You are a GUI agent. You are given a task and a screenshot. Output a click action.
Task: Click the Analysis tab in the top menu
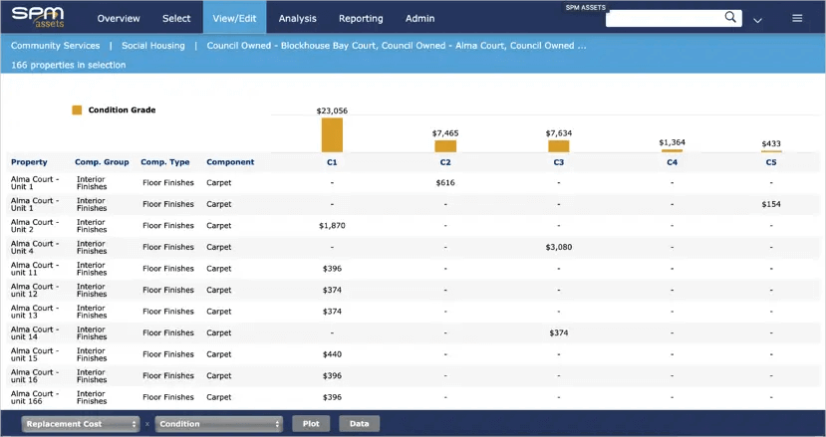pyautogui.click(x=297, y=18)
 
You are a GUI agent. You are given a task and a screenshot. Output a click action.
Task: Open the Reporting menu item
pyautogui.click(x=360, y=18)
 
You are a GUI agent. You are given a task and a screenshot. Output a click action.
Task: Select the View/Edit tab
pyautogui.click(x=234, y=18)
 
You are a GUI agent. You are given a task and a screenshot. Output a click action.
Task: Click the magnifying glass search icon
pyautogui.click(x=730, y=18)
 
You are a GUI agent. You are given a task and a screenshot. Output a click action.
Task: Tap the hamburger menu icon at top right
pyautogui.click(x=797, y=18)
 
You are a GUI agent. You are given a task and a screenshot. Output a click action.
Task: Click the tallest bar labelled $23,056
pyautogui.click(x=332, y=134)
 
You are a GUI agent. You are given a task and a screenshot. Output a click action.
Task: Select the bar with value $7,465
pyautogui.click(x=445, y=145)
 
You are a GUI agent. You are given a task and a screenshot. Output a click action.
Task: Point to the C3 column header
pyautogui.click(x=558, y=162)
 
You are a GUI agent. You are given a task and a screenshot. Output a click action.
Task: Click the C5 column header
pyautogui.click(x=771, y=162)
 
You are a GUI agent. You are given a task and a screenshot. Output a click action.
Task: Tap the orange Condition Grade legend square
pyautogui.click(x=77, y=110)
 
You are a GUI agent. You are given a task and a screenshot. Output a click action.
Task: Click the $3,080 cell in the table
pyautogui.click(x=558, y=247)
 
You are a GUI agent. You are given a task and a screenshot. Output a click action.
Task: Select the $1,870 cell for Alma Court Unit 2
pyautogui.click(x=332, y=226)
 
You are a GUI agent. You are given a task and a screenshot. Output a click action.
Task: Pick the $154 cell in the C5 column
pyautogui.click(x=771, y=204)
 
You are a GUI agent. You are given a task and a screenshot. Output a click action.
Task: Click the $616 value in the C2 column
pyautogui.click(x=445, y=183)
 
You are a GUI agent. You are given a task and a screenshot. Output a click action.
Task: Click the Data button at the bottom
pyautogui.click(x=359, y=424)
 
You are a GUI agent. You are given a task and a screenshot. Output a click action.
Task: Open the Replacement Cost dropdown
pyautogui.click(x=81, y=424)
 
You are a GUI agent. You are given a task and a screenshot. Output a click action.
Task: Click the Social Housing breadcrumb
pyautogui.click(x=152, y=46)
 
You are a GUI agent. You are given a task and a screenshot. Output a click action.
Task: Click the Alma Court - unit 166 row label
pyautogui.click(x=36, y=397)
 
